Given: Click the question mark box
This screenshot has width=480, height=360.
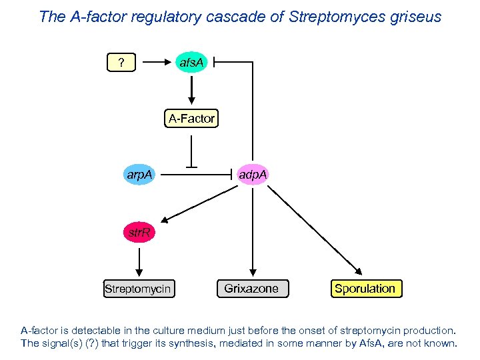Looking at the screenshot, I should tap(121, 63).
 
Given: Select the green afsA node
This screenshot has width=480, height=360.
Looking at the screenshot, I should tap(192, 63).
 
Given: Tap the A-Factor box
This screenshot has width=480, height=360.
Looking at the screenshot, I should tap(192, 119).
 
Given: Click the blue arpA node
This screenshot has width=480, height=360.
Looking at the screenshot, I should tap(139, 175).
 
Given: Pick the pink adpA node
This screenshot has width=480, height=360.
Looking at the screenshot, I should tap(253, 175).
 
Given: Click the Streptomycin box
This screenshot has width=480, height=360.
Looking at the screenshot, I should tap(139, 289).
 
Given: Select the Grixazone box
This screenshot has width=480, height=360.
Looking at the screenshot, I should tap(252, 289).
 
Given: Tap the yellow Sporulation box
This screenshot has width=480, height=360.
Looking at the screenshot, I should tap(365, 289).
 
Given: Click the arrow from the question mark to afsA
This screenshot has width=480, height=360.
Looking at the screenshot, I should tap(157, 63).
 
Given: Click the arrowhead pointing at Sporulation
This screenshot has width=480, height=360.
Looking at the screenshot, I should tap(358, 271).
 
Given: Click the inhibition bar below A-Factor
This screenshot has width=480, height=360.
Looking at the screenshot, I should tap(192, 165).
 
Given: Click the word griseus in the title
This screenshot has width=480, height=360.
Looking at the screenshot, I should tap(415, 17).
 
